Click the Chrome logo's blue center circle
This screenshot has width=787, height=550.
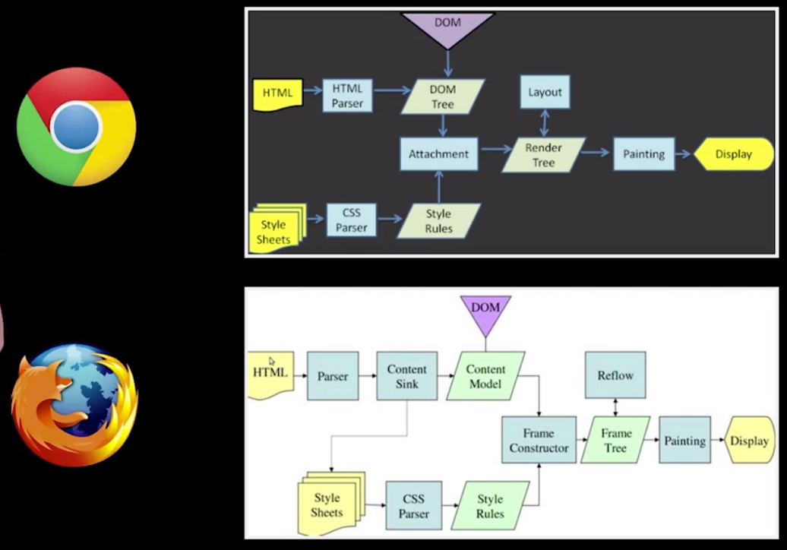point(76,126)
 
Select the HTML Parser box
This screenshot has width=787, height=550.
point(347,96)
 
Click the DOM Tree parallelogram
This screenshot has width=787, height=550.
point(443,96)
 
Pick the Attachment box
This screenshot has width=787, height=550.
point(438,153)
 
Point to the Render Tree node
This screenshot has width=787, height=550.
point(544,155)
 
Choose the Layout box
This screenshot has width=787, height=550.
point(545,92)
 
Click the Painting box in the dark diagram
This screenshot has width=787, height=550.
point(643,154)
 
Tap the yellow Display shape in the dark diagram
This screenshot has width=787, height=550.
point(732,154)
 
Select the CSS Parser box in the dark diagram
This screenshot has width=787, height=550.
point(351,220)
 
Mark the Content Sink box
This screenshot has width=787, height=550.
point(407,376)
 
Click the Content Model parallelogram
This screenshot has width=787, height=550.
point(486,376)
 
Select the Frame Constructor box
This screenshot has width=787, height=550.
point(539,441)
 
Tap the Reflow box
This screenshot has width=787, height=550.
point(615,375)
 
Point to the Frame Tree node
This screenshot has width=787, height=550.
point(616,441)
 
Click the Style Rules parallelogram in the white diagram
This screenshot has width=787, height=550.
point(490,505)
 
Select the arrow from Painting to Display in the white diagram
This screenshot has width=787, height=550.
point(718,440)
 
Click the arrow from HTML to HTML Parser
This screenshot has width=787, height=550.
point(312,91)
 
